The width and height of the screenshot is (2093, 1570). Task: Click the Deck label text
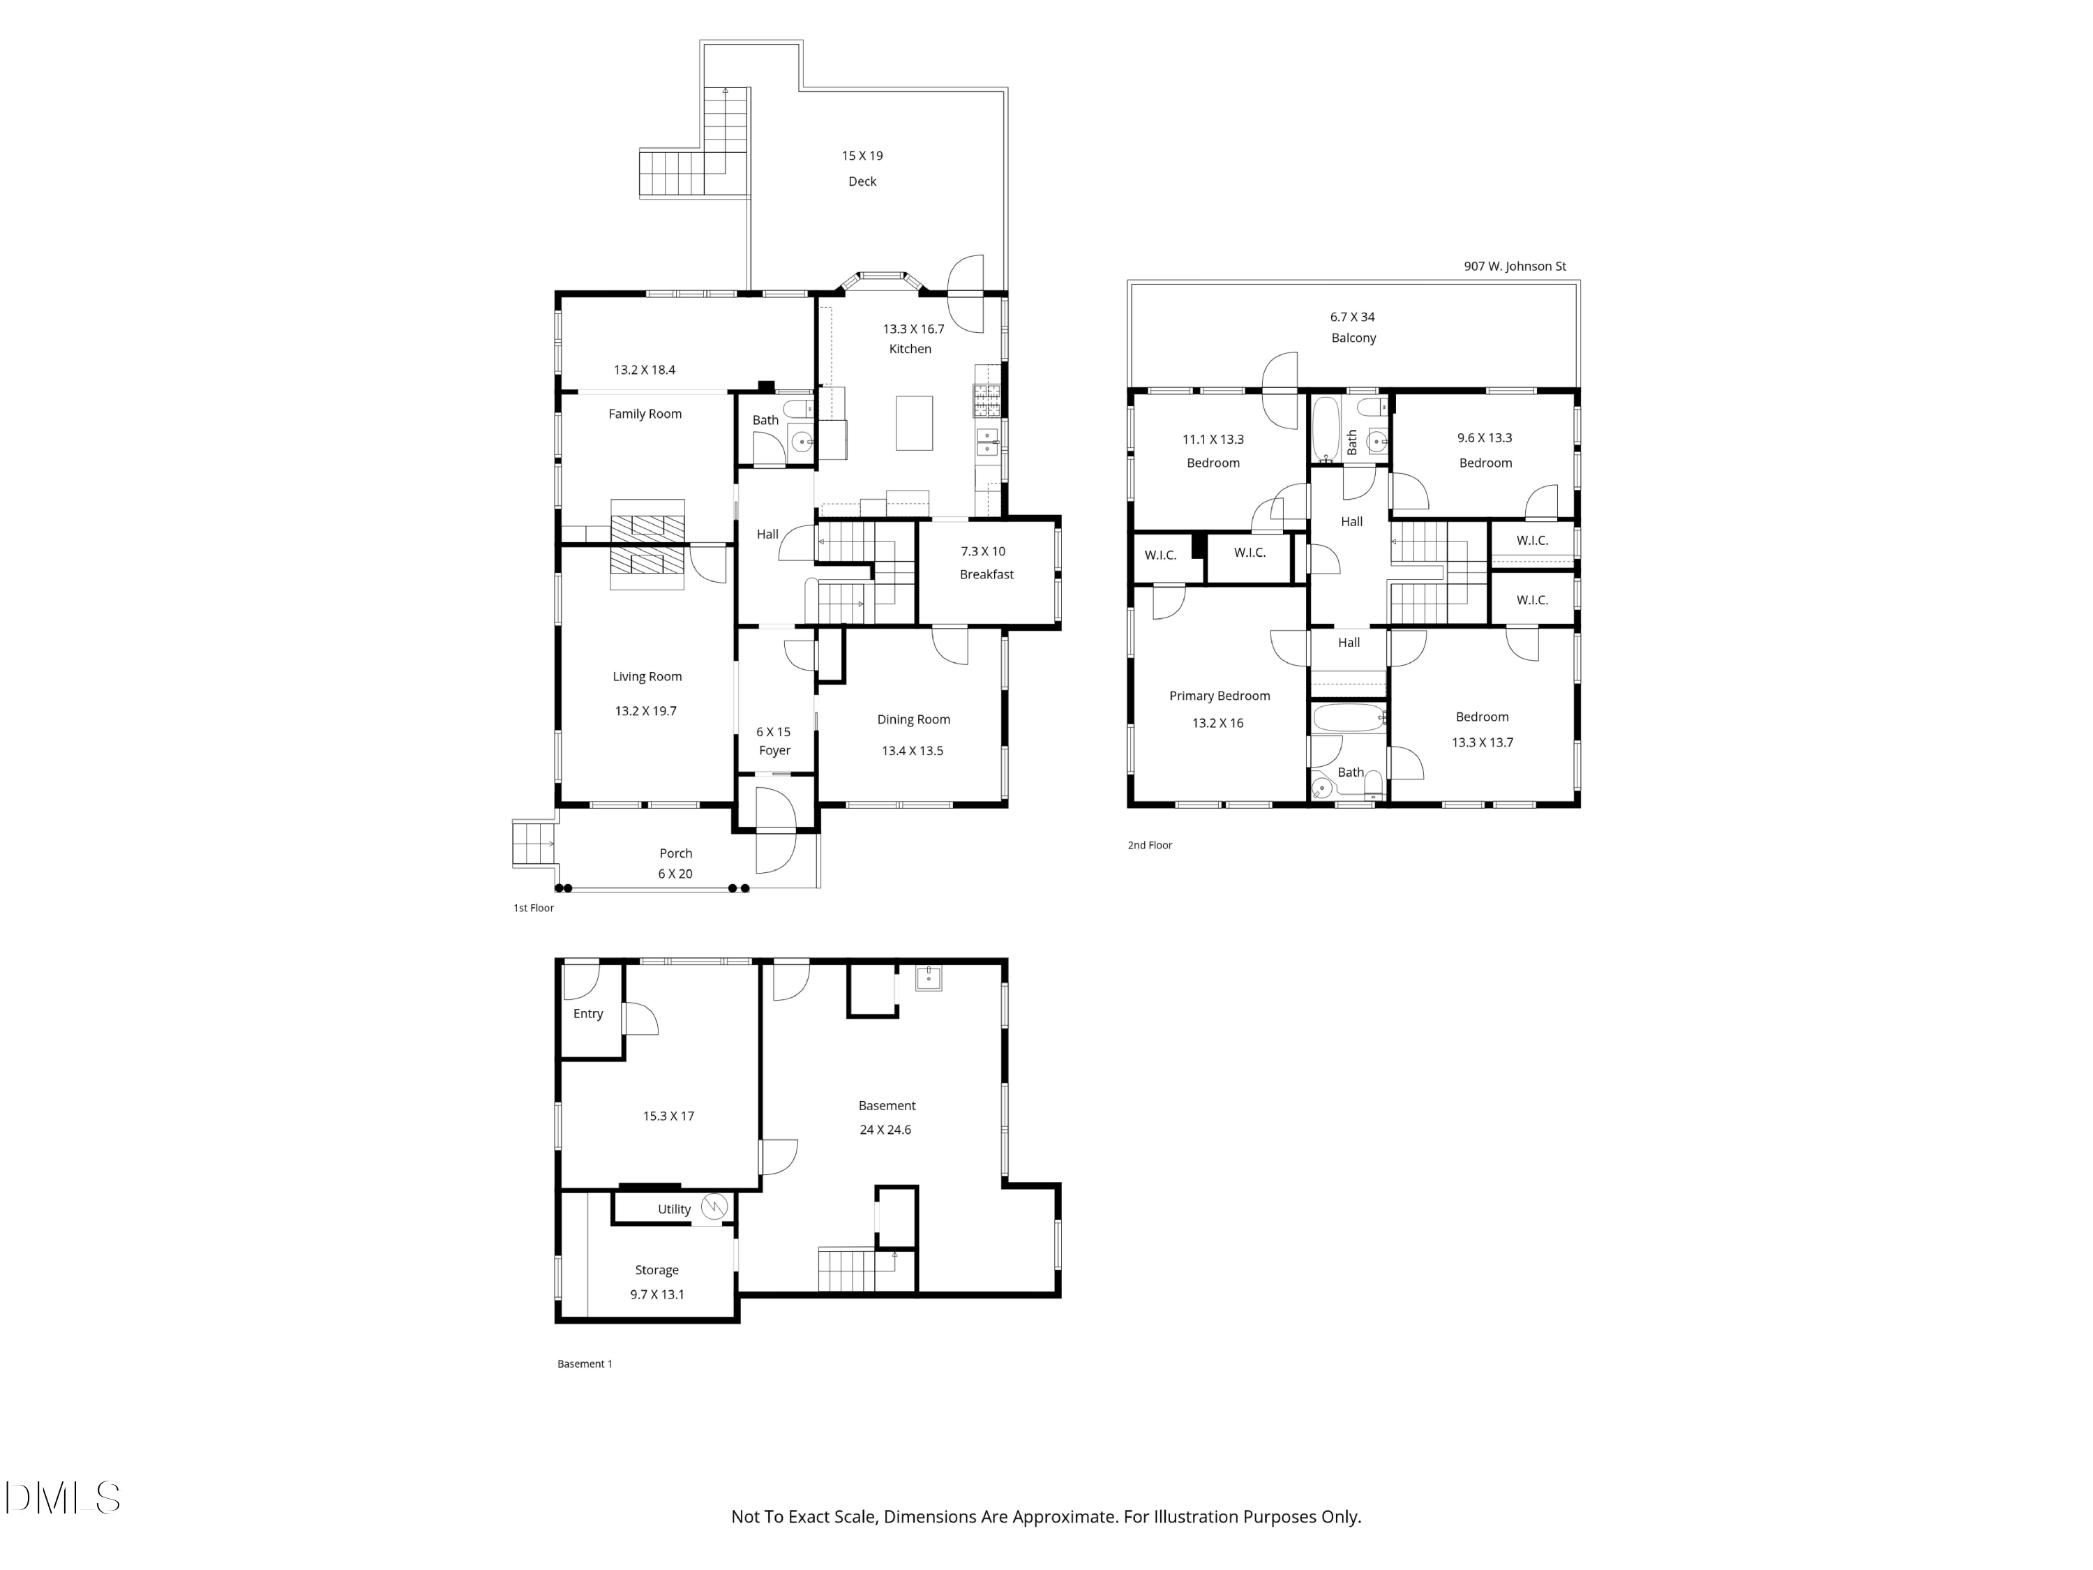pos(862,181)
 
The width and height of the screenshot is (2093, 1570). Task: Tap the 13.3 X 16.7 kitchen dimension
pos(913,329)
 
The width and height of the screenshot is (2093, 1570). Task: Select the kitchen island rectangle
pos(914,423)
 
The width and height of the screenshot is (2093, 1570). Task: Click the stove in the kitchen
pos(987,401)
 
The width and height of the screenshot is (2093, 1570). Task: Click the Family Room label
pos(645,414)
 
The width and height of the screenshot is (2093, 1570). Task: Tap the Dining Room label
pos(913,719)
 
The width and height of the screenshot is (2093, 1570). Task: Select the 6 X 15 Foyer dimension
pos(773,731)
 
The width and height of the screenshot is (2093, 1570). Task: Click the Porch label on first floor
pos(675,853)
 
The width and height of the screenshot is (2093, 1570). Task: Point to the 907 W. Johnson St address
pos(1514,266)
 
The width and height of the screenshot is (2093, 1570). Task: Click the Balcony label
pos(1353,338)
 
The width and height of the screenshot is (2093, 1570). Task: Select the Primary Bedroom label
pos(1219,696)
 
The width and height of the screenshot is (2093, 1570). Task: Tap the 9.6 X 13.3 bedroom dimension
pos(1484,438)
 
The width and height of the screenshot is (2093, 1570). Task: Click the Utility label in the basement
pos(674,1209)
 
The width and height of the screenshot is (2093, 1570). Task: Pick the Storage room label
pos(657,1270)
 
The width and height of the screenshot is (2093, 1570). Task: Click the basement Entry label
pos(587,1014)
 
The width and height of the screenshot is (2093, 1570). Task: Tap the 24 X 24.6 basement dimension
pos(885,1130)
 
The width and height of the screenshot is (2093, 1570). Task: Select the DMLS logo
pos(63,1498)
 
